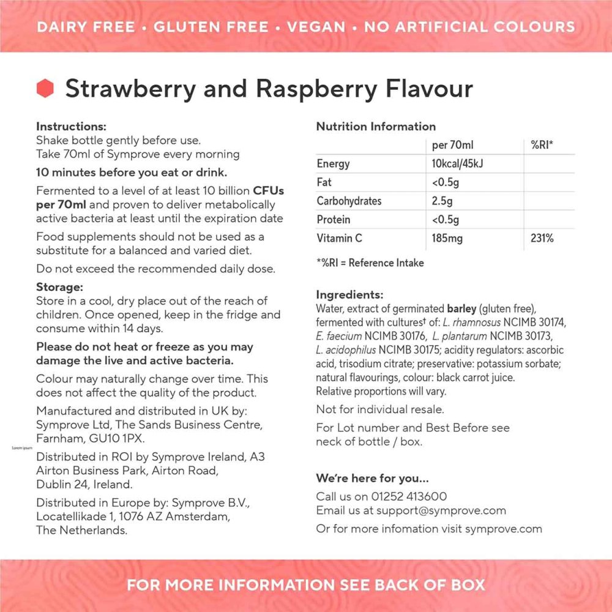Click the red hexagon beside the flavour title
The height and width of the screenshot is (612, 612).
[x=45, y=89]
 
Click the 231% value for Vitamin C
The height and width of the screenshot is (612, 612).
[x=542, y=238]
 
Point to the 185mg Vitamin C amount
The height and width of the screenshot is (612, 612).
[x=447, y=238]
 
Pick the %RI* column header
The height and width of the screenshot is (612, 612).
[x=543, y=145]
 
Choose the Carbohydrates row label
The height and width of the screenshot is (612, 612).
[x=349, y=201]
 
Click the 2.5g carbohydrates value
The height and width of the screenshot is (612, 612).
[x=441, y=201]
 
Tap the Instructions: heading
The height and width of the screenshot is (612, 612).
[x=71, y=127]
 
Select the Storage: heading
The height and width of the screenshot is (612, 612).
[x=59, y=287]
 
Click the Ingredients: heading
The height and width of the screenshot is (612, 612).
[x=349, y=294]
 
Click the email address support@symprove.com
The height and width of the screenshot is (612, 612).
[x=441, y=510]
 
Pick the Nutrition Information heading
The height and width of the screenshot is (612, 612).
[x=376, y=127]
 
